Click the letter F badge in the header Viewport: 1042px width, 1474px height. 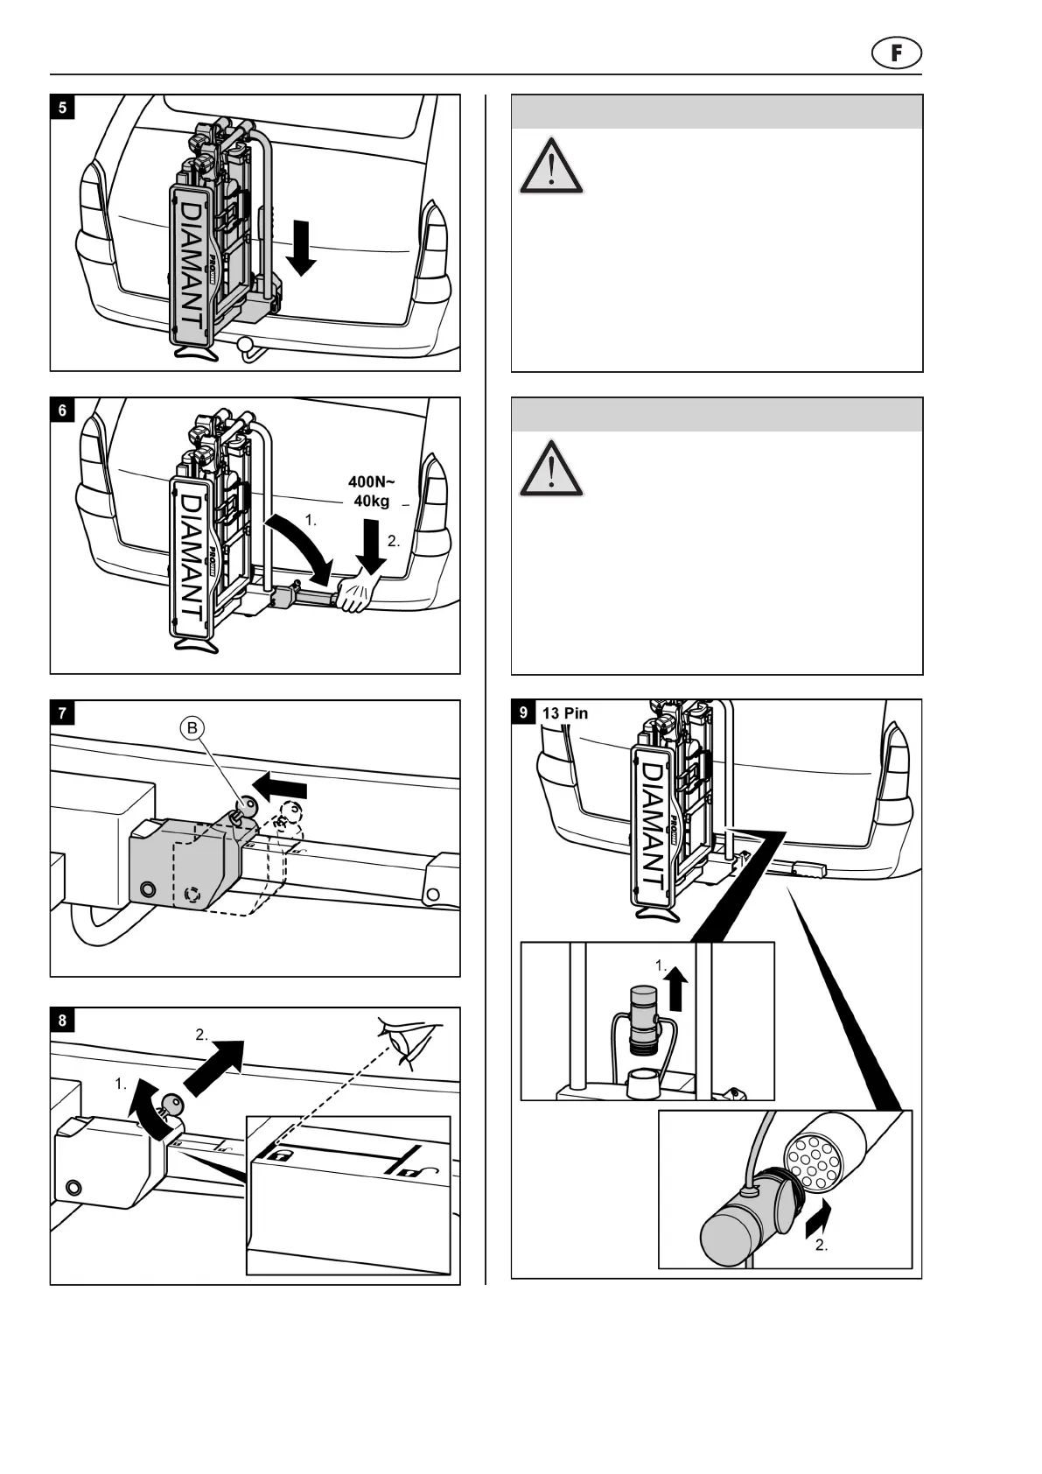(x=897, y=54)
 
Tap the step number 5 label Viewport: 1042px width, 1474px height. (x=62, y=108)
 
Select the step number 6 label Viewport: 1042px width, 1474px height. (x=62, y=411)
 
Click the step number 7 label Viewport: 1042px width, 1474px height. (x=62, y=713)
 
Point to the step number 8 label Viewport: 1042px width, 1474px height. (x=62, y=1020)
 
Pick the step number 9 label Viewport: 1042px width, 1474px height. (x=524, y=712)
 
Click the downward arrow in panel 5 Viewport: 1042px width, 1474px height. (x=301, y=248)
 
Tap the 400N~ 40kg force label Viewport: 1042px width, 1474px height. (x=372, y=491)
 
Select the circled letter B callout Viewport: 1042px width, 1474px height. (x=192, y=728)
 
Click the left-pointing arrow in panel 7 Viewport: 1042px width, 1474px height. (x=279, y=784)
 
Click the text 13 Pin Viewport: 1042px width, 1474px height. (x=565, y=713)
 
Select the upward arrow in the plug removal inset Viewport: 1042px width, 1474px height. (x=675, y=993)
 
